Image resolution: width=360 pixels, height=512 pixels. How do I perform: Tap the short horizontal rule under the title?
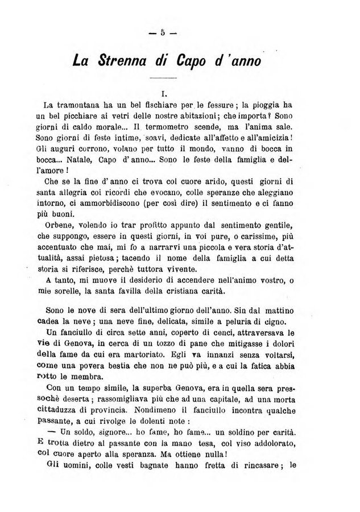click(163, 77)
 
